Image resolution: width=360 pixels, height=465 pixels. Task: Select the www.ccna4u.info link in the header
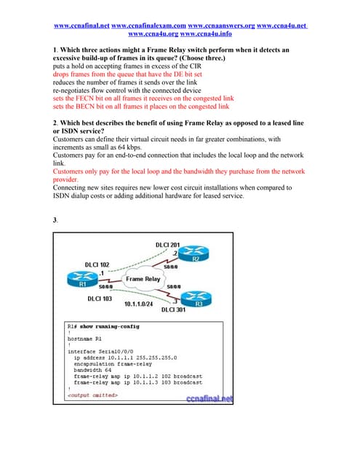coord(206,33)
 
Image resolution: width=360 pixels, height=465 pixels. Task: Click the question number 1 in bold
coord(55,50)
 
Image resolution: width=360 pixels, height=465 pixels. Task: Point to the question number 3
coord(55,219)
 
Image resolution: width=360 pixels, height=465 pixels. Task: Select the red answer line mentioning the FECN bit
coord(143,97)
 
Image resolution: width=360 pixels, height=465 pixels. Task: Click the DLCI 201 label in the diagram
coord(168,243)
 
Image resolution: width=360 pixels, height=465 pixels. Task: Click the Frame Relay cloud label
coord(143,278)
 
